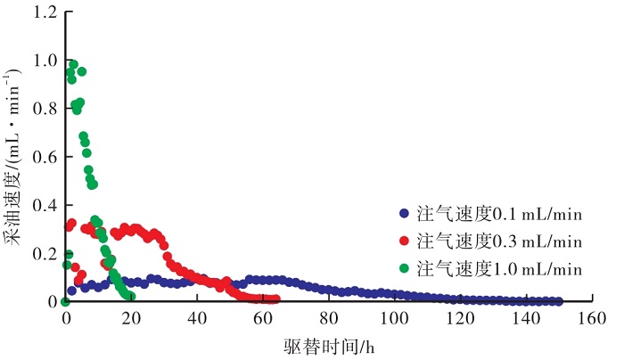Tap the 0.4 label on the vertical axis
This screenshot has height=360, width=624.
(47, 206)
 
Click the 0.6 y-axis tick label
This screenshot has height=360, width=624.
(47, 158)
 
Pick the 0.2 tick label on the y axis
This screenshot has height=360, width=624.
(47, 254)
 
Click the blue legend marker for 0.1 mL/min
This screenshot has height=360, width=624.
(403, 214)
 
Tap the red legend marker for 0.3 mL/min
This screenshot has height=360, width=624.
(403, 241)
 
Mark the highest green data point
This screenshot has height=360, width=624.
(73, 64)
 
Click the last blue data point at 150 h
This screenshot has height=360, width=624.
(558, 301)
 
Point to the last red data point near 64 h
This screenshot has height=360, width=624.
(275, 299)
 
